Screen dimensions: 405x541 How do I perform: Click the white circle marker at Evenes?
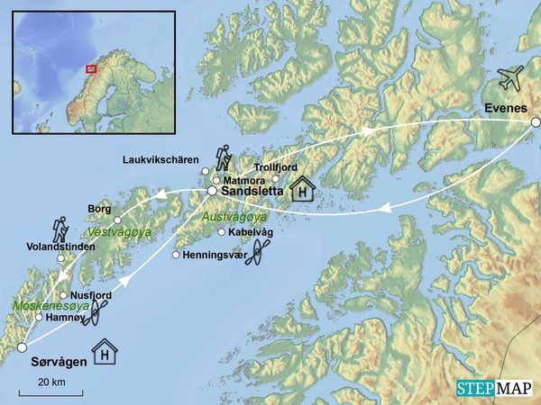(536, 121)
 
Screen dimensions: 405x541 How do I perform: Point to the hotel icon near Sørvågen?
(105, 351)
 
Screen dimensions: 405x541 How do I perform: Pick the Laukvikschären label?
(160, 160)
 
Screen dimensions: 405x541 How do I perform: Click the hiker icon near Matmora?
(223, 158)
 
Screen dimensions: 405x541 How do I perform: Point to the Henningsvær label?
(215, 255)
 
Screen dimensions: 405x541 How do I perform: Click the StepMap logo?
(495, 388)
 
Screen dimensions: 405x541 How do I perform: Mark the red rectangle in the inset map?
(91, 67)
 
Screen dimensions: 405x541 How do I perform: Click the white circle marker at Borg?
(118, 220)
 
